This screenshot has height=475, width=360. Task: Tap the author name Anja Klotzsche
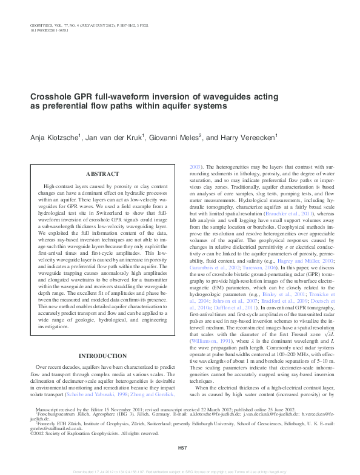click(x=55, y=138)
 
